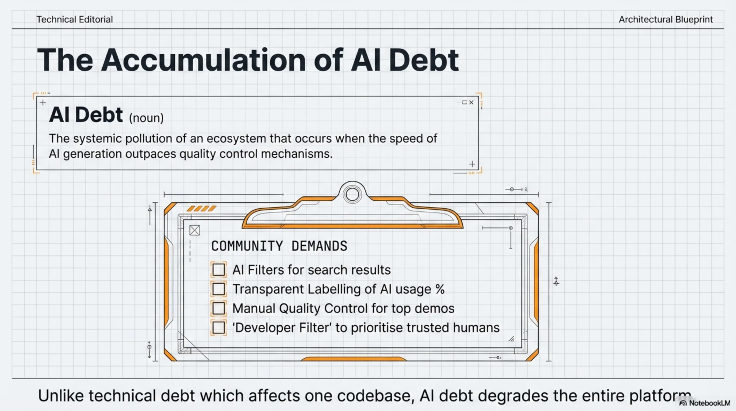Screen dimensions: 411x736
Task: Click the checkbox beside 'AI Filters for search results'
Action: click(218, 269)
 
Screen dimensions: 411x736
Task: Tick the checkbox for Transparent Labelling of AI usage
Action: click(218, 289)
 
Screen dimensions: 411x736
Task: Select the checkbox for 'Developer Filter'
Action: click(218, 328)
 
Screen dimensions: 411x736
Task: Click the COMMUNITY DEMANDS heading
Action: click(279, 246)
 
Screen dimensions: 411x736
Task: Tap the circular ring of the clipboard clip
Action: click(352, 194)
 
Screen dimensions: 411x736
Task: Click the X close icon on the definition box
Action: click(471, 102)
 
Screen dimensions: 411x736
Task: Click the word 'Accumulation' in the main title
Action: click(204, 60)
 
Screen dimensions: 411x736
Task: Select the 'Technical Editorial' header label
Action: click(75, 20)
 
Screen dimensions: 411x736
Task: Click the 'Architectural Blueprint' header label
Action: click(666, 20)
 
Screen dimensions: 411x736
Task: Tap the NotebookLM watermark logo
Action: click(683, 403)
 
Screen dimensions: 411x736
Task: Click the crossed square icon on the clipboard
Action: click(195, 230)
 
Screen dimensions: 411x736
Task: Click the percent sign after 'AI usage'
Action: click(440, 289)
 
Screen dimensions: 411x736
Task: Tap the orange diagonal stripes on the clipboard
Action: click(201, 209)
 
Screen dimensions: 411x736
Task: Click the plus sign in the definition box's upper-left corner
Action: click(43, 102)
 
